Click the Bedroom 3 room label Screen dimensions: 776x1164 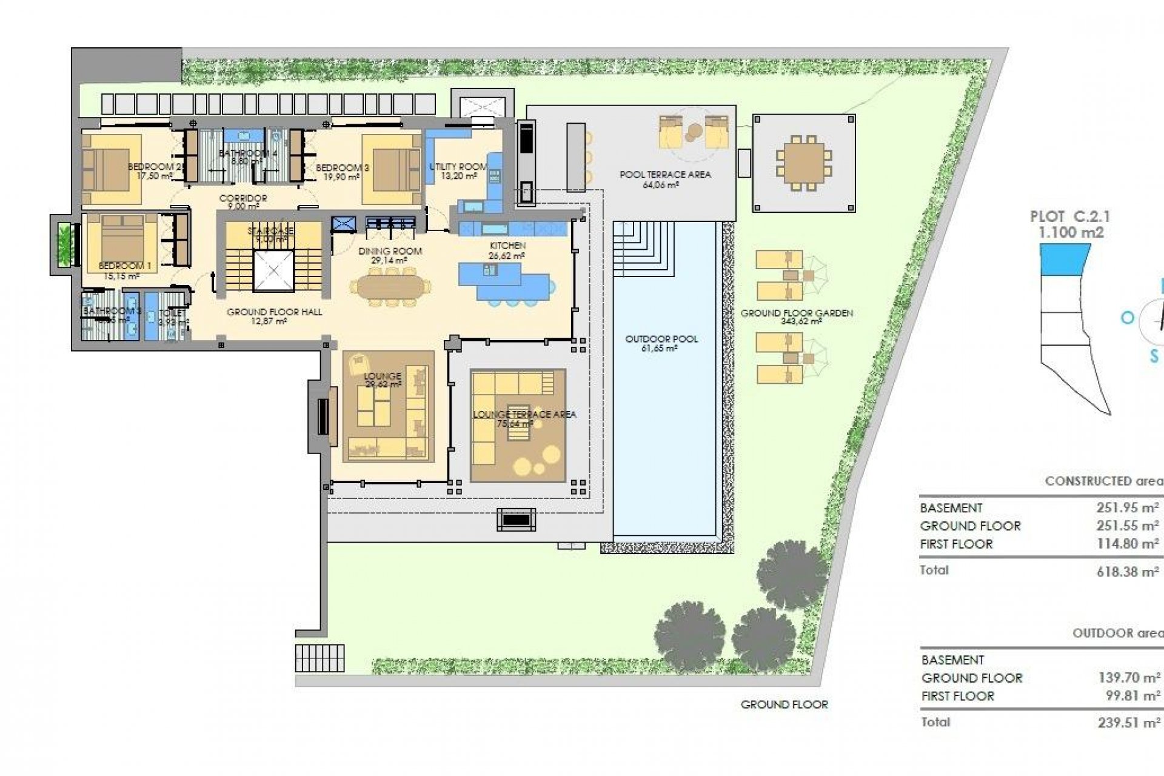(x=342, y=168)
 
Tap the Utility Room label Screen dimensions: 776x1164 (x=458, y=167)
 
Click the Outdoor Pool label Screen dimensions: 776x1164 (x=661, y=339)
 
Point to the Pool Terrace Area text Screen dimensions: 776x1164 (x=665, y=175)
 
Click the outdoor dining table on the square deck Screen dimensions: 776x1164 (x=804, y=162)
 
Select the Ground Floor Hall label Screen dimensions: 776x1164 (x=274, y=312)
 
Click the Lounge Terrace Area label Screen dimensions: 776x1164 (x=524, y=415)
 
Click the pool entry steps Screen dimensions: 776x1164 (x=643, y=249)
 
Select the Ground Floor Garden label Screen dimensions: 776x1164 (x=797, y=313)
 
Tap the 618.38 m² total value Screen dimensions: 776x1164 (x=1128, y=572)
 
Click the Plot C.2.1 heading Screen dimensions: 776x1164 (x=1070, y=216)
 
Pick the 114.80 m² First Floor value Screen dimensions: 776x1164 (x=1128, y=544)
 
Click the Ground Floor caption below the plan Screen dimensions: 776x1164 (x=784, y=704)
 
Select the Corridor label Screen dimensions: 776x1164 (x=243, y=198)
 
